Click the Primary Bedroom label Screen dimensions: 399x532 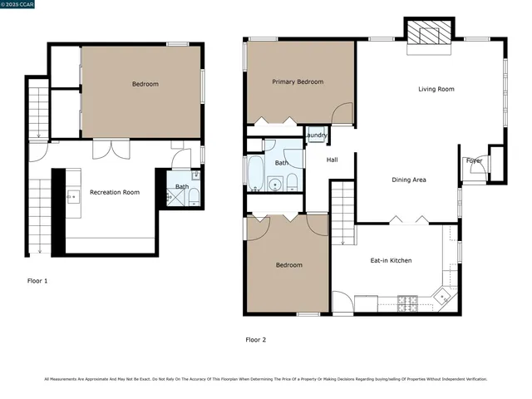pos(298,81)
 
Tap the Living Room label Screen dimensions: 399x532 pos(436,89)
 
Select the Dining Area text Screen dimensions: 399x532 pos(409,180)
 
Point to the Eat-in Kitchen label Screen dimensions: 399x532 pos(391,260)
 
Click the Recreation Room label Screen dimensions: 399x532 pos(115,192)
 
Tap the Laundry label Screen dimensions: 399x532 pos(316,135)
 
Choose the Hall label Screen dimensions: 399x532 pos(332,160)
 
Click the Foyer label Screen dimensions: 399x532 pos(474,160)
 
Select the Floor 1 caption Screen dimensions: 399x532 pos(37,281)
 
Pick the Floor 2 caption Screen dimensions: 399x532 pos(256,339)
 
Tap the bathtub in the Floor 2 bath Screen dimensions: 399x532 pos(255,173)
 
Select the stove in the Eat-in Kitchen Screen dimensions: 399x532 pos(408,303)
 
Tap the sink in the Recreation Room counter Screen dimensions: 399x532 pos(72,196)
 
